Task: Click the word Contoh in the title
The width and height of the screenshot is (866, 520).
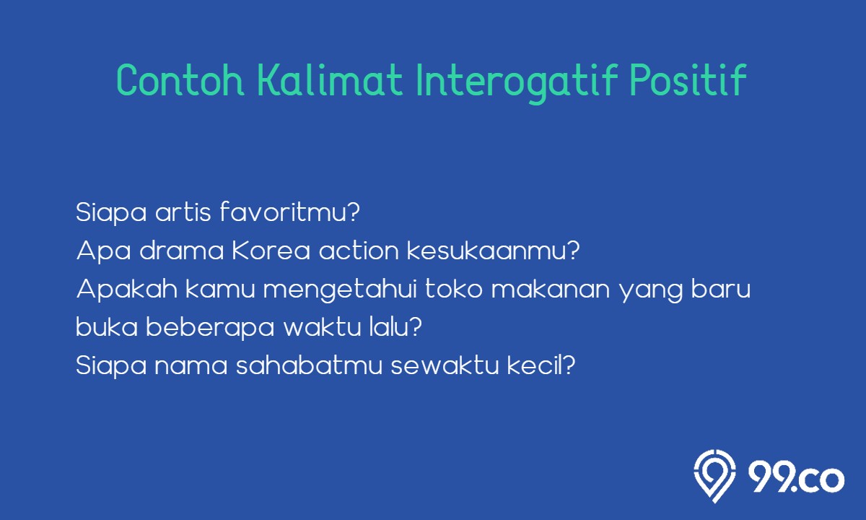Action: pyautogui.click(x=180, y=79)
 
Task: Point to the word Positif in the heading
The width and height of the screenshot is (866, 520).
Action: pyautogui.click(x=688, y=79)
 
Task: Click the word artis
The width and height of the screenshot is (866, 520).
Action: pyautogui.click(x=183, y=212)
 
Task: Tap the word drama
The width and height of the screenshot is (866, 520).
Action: pyautogui.click(x=181, y=251)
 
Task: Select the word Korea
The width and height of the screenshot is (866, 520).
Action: pyautogui.click(x=271, y=251)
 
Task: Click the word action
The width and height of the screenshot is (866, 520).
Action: pyautogui.click(x=359, y=251)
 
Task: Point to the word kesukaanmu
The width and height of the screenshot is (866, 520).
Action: pyautogui.click(x=489, y=251)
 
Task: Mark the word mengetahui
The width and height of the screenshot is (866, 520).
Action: pyautogui.click(x=340, y=290)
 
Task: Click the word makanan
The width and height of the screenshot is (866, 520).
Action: pyautogui.click(x=551, y=289)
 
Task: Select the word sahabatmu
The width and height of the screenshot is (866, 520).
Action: pyautogui.click(x=310, y=365)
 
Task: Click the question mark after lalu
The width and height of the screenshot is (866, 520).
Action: pyautogui.click(x=415, y=326)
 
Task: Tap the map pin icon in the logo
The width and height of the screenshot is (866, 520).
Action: pyautogui.click(x=714, y=476)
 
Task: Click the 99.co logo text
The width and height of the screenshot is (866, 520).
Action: pyautogui.click(x=796, y=478)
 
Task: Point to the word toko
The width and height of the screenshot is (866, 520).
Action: pyautogui.click(x=454, y=289)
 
